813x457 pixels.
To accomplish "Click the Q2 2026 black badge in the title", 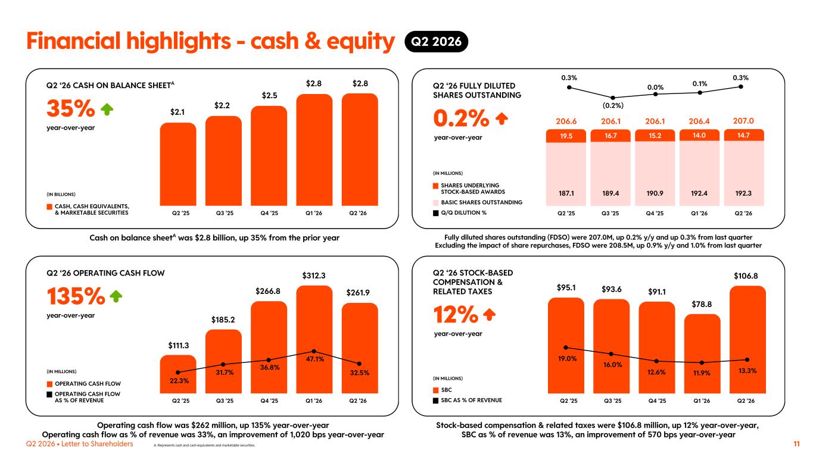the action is click(436, 41).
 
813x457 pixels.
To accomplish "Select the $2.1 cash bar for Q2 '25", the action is click(178, 164).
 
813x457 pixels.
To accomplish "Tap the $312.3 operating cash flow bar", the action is click(314, 340).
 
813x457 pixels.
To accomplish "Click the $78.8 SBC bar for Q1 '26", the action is click(702, 353).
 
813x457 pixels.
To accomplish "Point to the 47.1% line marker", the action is click(314, 351).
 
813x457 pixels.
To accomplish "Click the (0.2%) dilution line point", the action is click(613, 98).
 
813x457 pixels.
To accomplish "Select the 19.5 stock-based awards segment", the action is click(566, 136).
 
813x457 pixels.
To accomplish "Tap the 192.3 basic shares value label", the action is click(743, 193).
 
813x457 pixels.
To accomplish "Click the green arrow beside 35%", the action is click(107, 109).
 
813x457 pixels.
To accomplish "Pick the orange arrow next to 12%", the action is click(489, 314).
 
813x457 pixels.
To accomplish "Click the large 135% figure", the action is click(76, 296).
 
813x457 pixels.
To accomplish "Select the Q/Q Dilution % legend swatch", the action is click(435, 213).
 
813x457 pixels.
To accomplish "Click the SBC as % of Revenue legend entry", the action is click(468, 400).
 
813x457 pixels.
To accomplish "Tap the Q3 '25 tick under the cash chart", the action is click(225, 213).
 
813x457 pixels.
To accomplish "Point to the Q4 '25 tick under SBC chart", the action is click(658, 401).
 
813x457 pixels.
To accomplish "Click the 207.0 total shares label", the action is click(743, 121).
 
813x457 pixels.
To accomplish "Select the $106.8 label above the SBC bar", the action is click(746, 276).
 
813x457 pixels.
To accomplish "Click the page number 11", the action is click(797, 444).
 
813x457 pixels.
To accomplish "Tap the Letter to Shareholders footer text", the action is click(97, 444).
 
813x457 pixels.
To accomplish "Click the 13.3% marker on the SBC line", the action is click(747, 360).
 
